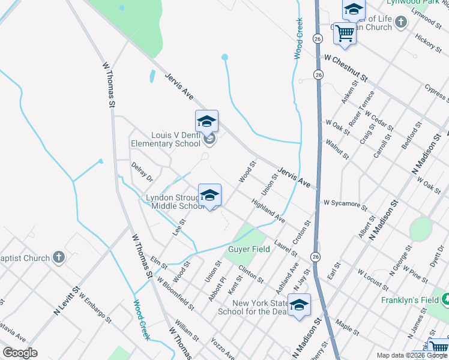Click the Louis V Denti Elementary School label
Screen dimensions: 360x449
click(166, 140)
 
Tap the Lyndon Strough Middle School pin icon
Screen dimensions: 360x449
click(209, 196)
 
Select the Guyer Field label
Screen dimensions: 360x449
click(248, 249)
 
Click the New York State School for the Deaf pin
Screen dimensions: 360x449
click(298, 306)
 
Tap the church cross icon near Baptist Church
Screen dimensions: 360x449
click(58, 258)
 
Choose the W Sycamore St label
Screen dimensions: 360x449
click(345, 205)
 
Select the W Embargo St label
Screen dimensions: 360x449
click(94, 308)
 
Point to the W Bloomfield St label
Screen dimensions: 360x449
click(175, 293)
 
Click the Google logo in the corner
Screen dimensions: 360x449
click(20, 353)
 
